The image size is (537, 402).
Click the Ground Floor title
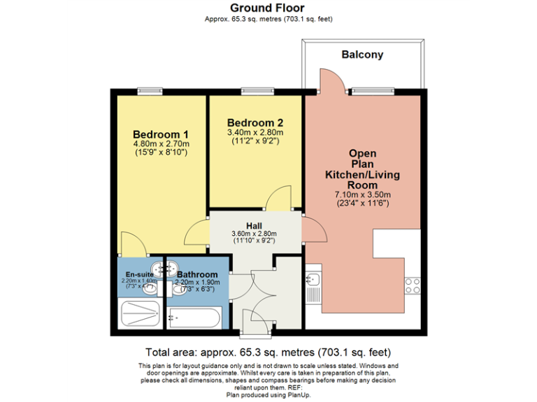(268, 8)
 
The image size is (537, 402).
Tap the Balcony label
(362, 54)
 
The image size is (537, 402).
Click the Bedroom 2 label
(255, 122)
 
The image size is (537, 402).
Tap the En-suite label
(140, 274)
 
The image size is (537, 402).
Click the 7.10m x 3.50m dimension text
(363, 195)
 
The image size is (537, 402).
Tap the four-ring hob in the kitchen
(413, 285)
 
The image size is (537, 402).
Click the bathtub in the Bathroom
(194, 318)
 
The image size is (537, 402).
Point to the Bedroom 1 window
(148, 90)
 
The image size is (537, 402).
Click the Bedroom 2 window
(252, 90)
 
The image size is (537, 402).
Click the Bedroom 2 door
(280, 198)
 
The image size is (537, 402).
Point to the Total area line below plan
(268, 352)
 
